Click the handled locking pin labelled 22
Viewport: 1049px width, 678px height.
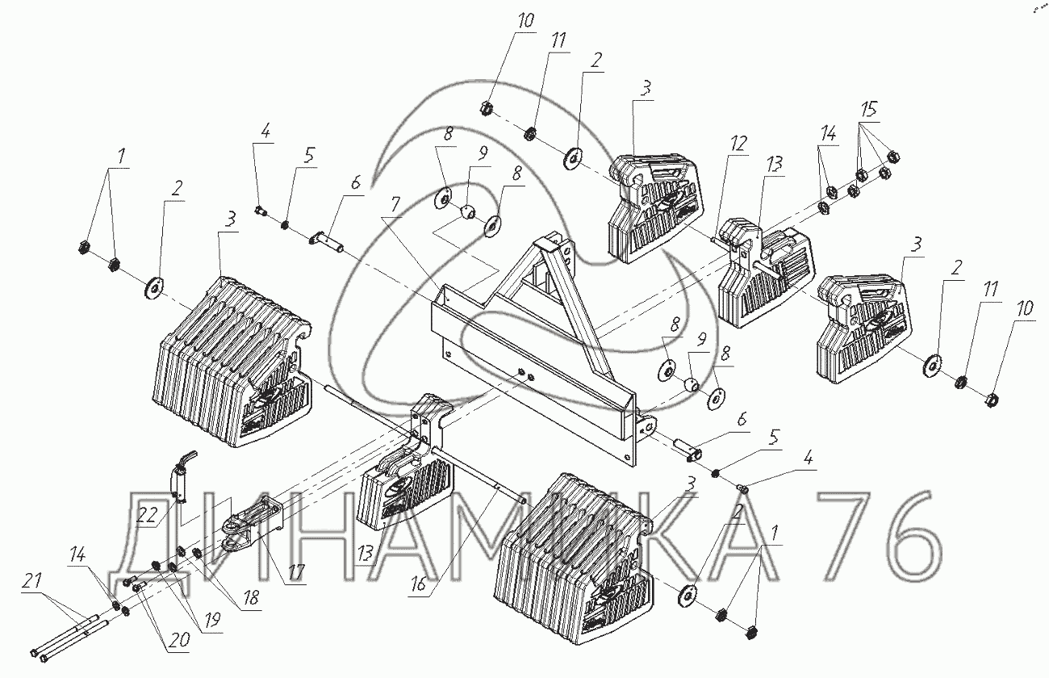click(179, 476)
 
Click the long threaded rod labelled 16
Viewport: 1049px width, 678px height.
click(476, 476)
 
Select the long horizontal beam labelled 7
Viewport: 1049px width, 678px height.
click(533, 355)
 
